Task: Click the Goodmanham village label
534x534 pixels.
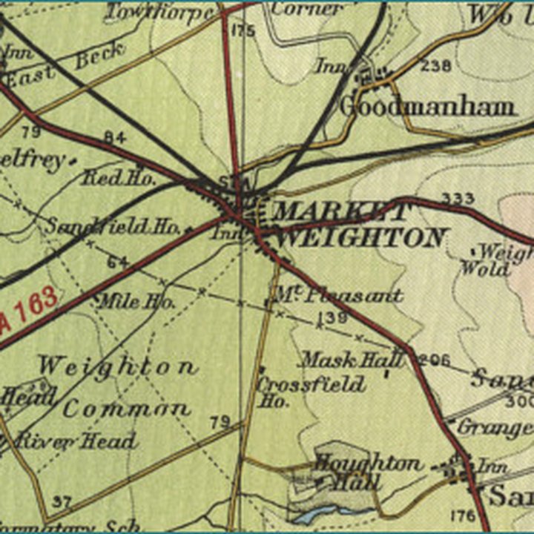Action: pos(427,106)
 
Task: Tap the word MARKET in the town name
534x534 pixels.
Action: pos(340,212)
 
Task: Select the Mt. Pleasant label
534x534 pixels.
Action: pos(337,295)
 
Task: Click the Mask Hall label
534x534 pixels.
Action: pos(351,360)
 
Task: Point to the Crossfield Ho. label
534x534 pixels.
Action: pos(310,392)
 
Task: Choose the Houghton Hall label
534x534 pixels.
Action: pos(366,472)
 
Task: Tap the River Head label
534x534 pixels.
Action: pos(77,441)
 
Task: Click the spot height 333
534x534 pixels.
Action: pos(457,198)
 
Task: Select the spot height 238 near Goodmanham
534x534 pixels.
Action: pos(435,66)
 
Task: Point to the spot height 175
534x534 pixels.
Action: pos(243,30)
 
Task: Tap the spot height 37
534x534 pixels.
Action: pos(62,502)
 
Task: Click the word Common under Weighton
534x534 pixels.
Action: pos(126,409)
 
